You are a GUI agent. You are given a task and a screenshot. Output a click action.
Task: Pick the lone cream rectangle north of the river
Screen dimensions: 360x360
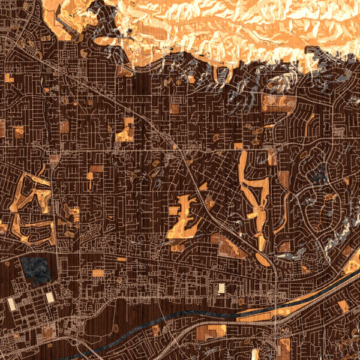coord(221,289)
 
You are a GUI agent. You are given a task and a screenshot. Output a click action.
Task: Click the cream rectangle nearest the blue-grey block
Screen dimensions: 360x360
coord(49,297)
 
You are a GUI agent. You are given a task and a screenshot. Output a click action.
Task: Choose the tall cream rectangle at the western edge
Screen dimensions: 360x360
coord(11,305)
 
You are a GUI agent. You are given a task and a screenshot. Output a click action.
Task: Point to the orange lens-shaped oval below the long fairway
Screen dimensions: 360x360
coord(262,259)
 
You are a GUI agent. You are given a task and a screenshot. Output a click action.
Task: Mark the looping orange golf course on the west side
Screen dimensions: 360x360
coord(30,207)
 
